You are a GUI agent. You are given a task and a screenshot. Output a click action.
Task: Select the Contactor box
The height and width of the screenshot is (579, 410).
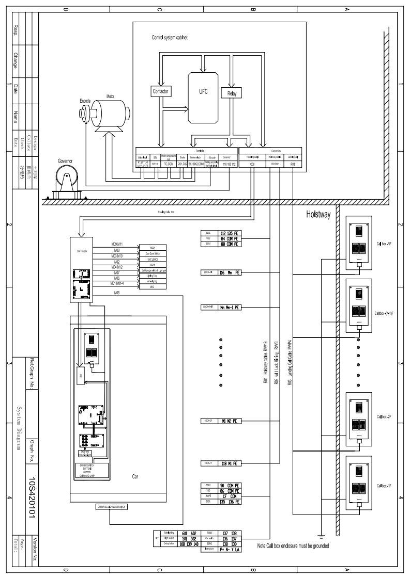point(161,91)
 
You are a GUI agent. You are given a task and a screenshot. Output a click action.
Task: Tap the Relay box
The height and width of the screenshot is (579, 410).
point(232,93)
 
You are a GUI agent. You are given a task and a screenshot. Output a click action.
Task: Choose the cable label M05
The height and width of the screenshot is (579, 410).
point(117,293)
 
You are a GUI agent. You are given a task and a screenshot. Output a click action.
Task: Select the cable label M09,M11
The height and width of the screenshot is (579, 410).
point(117,243)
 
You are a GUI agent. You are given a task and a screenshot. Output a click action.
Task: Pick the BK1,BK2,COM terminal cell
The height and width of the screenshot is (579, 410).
point(197,162)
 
